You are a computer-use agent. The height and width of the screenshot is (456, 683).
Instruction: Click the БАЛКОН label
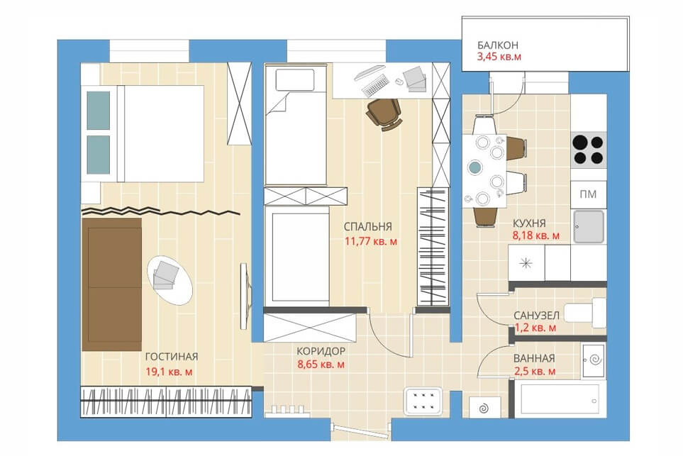(x=497, y=45)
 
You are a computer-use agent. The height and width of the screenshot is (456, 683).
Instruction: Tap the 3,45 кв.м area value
(x=499, y=57)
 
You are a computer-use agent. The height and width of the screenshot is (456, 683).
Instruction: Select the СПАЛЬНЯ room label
(x=367, y=227)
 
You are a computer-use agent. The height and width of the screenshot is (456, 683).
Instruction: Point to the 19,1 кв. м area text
(x=169, y=372)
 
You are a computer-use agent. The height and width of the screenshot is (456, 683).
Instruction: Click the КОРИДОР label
(x=321, y=351)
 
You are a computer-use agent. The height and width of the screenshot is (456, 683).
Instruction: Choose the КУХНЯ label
(x=529, y=223)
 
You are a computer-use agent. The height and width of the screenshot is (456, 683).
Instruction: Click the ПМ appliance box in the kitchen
(x=588, y=194)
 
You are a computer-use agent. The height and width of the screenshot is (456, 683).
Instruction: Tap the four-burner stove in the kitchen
(x=589, y=150)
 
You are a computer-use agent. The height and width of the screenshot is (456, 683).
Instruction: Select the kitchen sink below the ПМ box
(x=589, y=226)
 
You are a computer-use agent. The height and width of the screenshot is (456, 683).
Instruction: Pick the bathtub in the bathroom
(x=561, y=399)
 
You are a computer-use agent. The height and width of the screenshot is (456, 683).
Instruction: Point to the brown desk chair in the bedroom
(x=384, y=114)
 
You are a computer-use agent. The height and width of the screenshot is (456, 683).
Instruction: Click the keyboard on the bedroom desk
(x=374, y=85)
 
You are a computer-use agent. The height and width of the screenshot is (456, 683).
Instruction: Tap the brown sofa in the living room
(x=112, y=284)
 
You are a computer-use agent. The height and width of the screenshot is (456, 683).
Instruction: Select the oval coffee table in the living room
(x=170, y=281)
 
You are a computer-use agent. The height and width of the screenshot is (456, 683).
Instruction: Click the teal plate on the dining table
(x=474, y=167)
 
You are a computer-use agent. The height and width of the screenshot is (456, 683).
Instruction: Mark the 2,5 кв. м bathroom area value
(x=535, y=372)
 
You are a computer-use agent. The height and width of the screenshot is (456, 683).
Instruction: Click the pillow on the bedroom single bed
(x=295, y=79)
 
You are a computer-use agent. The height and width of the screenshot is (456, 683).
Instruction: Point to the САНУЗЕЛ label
(x=536, y=316)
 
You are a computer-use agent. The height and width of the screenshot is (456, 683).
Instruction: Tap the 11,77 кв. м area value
(x=371, y=241)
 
